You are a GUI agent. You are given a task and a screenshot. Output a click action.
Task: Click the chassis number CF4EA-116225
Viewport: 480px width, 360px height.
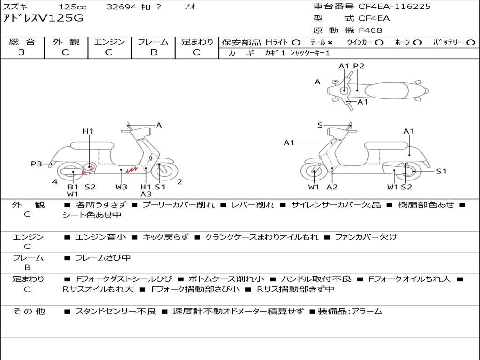[x=394, y=7]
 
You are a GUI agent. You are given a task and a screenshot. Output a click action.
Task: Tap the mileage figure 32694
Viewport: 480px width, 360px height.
[x=121, y=7]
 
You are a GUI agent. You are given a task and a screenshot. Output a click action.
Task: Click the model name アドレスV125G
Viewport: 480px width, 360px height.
[x=43, y=18]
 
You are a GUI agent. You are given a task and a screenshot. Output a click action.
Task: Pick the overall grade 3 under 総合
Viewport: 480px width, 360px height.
[x=22, y=52]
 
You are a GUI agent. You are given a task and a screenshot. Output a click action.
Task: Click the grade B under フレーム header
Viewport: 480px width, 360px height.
[x=154, y=52]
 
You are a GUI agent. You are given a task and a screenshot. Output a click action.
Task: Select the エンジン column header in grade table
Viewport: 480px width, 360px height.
[x=110, y=42]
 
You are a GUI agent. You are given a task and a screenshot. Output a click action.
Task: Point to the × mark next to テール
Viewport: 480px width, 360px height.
[x=330, y=43]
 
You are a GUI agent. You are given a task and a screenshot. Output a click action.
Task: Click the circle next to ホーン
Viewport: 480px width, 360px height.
[x=417, y=43]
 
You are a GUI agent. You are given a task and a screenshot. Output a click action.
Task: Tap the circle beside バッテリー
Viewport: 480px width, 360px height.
[x=471, y=43]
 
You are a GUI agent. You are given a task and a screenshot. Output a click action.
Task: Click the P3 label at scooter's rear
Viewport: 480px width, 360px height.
[x=37, y=164]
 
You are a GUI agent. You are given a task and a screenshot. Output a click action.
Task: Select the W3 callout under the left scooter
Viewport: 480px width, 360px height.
[x=121, y=187]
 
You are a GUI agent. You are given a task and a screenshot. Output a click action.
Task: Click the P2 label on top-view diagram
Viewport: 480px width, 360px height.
[x=359, y=66]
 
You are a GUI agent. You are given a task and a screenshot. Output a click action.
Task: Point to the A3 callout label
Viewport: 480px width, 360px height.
[x=146, y=194]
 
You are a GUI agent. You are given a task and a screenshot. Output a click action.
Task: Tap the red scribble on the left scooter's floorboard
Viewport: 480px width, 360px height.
[x=132, y=169]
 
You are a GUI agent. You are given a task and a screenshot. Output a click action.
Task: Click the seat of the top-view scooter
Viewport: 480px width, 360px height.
[x=387, y=91]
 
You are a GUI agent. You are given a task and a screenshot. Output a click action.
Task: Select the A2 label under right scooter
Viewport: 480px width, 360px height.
[x=332, y=187]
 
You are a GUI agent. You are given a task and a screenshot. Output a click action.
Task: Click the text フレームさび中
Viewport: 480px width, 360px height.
[x=103, y=258]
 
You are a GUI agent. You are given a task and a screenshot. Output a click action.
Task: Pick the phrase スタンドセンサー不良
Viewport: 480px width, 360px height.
[x=116, y=311]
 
